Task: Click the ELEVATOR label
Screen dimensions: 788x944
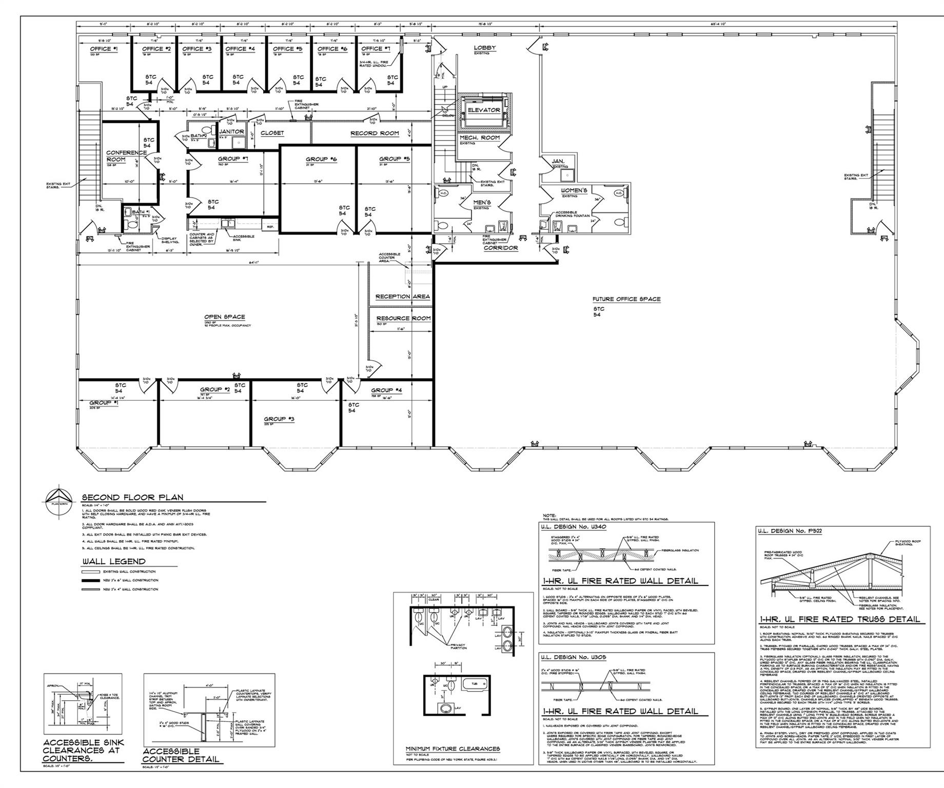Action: click(483, 110)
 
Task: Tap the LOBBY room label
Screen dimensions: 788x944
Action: click(484, 48)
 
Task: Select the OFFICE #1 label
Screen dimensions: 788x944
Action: click(104, 49)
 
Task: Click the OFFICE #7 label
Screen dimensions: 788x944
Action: click(376, 49)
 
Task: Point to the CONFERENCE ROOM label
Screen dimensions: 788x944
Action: click(119, 156)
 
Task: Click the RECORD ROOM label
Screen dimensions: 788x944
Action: click(375, 133)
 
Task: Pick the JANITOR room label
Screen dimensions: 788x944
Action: click(231, 132)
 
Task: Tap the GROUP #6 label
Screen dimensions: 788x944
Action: click(321, 160)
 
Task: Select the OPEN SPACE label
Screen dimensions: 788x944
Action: click(224, 317)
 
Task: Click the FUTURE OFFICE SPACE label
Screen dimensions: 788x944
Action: click(626, 299)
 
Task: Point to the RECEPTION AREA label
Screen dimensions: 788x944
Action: click(402, 297)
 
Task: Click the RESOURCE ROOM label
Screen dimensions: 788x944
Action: click(403, 319)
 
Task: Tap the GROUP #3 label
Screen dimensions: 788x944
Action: click(279, 419)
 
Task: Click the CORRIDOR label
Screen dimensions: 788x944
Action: click(500, 248)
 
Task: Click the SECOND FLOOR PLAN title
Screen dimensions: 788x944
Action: click(132, 497)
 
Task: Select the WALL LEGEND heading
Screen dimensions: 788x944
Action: click(113, 561)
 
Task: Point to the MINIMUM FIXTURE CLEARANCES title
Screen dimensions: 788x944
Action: click(453, 749)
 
